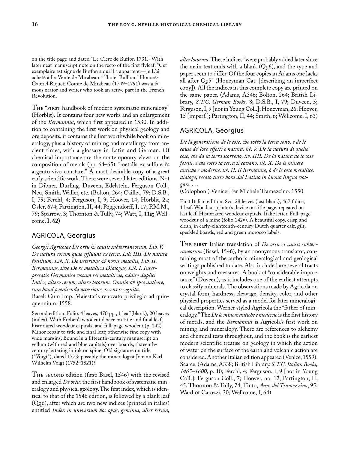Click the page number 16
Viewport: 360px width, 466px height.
[x=35, y=24]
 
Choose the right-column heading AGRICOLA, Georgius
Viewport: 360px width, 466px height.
[x=211, y=131]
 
